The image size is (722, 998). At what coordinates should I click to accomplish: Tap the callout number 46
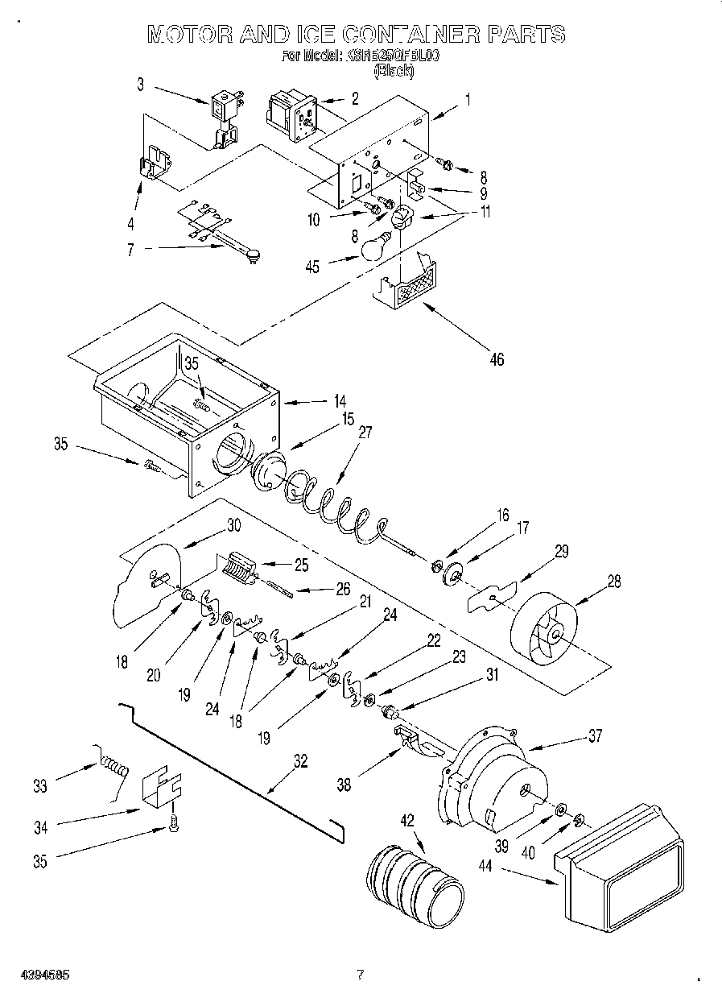(x=497, y=359)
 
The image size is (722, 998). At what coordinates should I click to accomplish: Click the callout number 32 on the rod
(x=299, y=761)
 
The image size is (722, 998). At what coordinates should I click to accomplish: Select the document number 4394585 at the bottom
(x=44, y=974)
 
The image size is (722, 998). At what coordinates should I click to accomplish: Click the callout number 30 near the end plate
(x=233, y=525)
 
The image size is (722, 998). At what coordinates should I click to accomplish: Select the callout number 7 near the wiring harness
(x=131, y=250)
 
